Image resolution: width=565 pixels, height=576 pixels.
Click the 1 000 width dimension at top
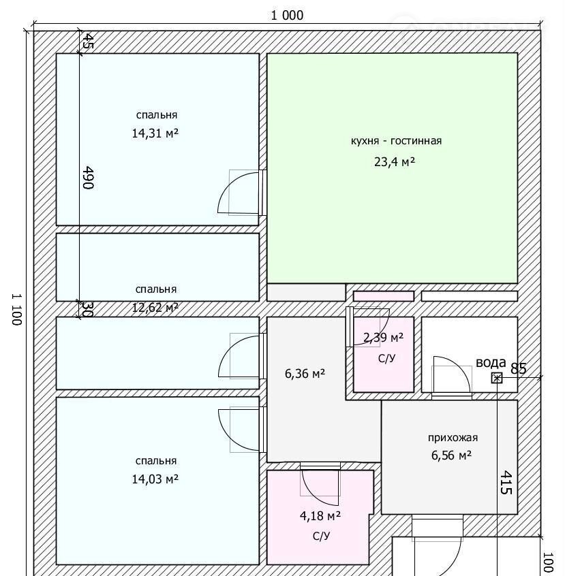point(288,16)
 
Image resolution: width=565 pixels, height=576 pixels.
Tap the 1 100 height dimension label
point(17,309)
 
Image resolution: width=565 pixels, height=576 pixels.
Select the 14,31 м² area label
point(155,133)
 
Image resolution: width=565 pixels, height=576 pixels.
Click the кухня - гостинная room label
point(396,141)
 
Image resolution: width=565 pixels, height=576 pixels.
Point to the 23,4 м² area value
point(395,161)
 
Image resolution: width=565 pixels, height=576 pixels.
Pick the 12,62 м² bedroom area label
point(155,307)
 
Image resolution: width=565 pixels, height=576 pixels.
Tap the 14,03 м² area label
point(155,479)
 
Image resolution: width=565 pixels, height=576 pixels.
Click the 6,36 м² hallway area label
point(305,374)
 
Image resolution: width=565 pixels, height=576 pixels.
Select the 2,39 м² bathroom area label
point(383,337)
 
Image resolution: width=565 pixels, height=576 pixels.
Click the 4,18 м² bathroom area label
point(320,516)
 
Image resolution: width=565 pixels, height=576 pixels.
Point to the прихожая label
point(453,438)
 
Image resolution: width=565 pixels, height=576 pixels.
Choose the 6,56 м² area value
point(451,455)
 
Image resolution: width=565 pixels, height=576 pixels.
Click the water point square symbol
point(497,378)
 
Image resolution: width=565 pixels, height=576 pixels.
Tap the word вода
point(491,363)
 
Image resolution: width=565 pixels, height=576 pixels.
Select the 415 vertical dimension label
point(506,482)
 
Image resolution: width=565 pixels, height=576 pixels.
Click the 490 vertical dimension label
point(88,178)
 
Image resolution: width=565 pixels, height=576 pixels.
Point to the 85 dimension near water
point(519,368)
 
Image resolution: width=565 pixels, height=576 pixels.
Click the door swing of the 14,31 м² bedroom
point(239,192)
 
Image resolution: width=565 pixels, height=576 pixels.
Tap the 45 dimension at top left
point(88,41)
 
